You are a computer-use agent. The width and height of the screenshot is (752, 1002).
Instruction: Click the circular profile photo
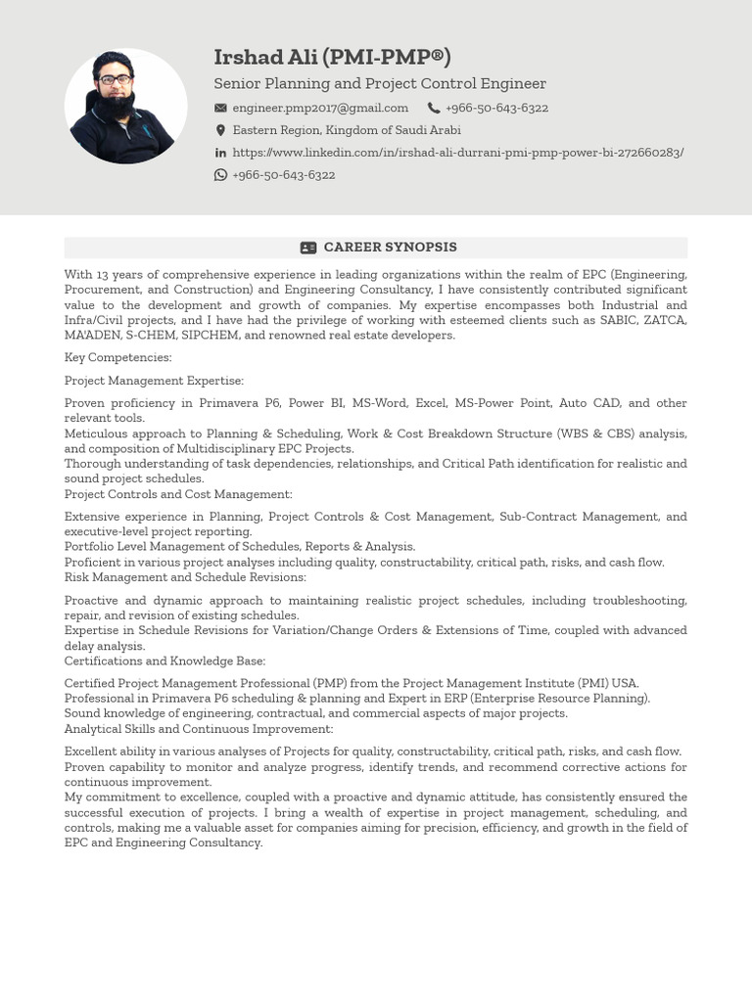point(125,106)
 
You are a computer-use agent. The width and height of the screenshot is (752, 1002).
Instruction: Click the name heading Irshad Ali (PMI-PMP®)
point(332,58)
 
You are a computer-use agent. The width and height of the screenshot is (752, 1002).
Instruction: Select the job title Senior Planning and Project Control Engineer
point(380,84)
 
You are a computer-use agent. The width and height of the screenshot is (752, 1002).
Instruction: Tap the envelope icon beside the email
point(220,108)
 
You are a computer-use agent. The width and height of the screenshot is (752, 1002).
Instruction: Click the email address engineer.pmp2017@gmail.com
point(320,108)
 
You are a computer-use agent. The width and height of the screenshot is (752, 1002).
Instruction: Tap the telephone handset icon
point(434,108)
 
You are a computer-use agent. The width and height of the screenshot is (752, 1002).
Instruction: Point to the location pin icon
point(220,130)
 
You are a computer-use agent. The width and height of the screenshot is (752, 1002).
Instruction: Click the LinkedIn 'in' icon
point(220,153)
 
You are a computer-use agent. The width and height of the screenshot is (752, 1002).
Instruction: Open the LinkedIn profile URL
point(458,153)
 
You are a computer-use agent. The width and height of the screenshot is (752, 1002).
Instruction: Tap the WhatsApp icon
point(220,175)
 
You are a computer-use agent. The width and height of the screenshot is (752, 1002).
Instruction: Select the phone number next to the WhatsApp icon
point(284,175)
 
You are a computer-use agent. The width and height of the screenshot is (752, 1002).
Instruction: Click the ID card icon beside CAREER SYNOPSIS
point(308,248)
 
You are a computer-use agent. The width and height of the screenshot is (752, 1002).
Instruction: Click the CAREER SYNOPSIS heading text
point(390,248)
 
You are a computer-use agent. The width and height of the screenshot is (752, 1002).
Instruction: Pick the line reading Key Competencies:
point(118,358)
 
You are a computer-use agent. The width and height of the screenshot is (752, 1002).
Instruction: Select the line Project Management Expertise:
point(154,381)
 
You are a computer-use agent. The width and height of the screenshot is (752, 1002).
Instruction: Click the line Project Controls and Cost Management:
point(178,494)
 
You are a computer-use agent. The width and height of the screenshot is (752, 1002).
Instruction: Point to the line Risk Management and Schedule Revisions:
point(185,577)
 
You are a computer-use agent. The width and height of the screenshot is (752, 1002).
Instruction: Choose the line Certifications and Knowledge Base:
point(164,661)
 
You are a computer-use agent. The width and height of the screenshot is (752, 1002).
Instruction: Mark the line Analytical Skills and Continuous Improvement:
point(199,729)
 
